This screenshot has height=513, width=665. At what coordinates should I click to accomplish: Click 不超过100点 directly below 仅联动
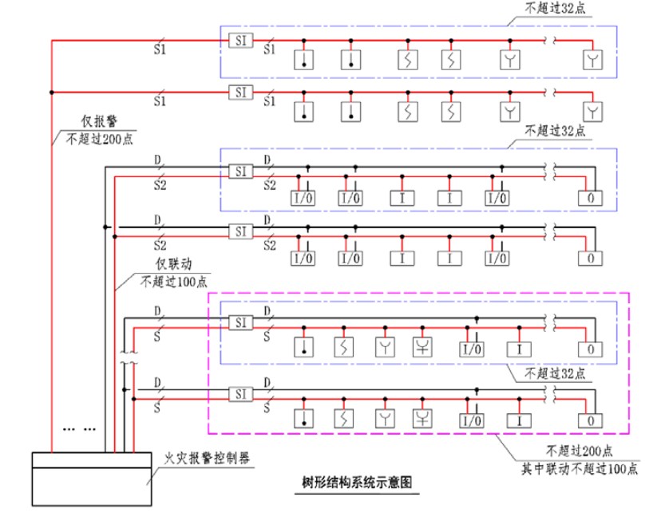pos(175,281)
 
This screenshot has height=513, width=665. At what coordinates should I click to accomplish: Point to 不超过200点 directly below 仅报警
pos(100,137)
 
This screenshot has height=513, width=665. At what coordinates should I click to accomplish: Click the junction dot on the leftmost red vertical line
pos(52,92)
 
